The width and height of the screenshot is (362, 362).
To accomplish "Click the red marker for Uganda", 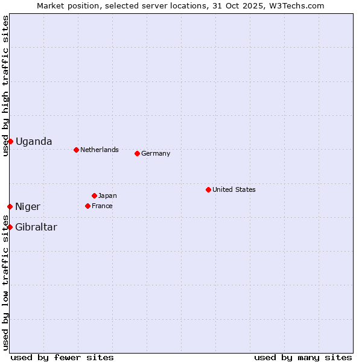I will click(10, 141).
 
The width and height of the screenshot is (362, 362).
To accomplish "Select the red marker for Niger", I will click(10, 206).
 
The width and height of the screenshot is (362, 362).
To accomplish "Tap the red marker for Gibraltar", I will click(10, 227).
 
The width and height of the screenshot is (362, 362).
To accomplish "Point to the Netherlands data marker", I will click(76, 150).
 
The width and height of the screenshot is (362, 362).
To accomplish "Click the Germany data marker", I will click(137, 153).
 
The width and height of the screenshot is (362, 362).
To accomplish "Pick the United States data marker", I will click(208, 189).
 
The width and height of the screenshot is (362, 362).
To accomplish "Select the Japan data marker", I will click(94, 195).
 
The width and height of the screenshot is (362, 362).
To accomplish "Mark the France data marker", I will click(87, 206).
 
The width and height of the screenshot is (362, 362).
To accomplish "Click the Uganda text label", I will click(34, 142).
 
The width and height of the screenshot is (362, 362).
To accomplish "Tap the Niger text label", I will click(28, 207).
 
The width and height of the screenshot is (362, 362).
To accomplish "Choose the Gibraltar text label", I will click(36, 227).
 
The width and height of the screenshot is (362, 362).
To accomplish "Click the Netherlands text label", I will click(100, 150).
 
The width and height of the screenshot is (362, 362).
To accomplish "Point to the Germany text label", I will click(156, 153).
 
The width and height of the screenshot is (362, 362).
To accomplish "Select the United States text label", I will click(234, 189).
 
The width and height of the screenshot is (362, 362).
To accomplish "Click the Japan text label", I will click(107, 195).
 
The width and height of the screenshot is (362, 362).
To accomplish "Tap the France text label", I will click(102, 206).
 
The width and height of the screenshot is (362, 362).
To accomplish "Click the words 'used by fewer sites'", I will click(62, 357).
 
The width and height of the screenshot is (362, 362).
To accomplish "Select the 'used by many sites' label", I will click(303, 357).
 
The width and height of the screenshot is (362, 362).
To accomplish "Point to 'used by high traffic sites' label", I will click(5, 86).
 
